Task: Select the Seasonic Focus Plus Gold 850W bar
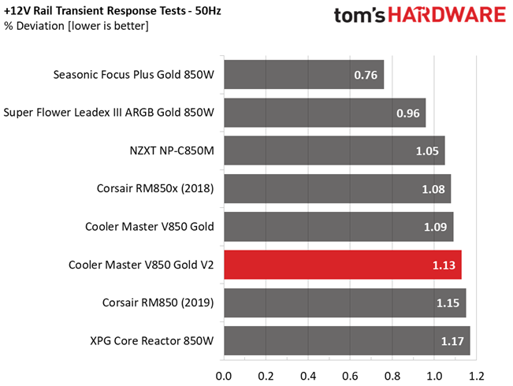303,76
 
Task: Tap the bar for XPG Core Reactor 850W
347,341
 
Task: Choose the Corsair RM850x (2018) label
154,189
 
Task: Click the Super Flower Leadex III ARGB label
109,113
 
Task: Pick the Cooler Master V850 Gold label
149,227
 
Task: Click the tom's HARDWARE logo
419,17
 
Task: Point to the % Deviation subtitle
76,27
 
